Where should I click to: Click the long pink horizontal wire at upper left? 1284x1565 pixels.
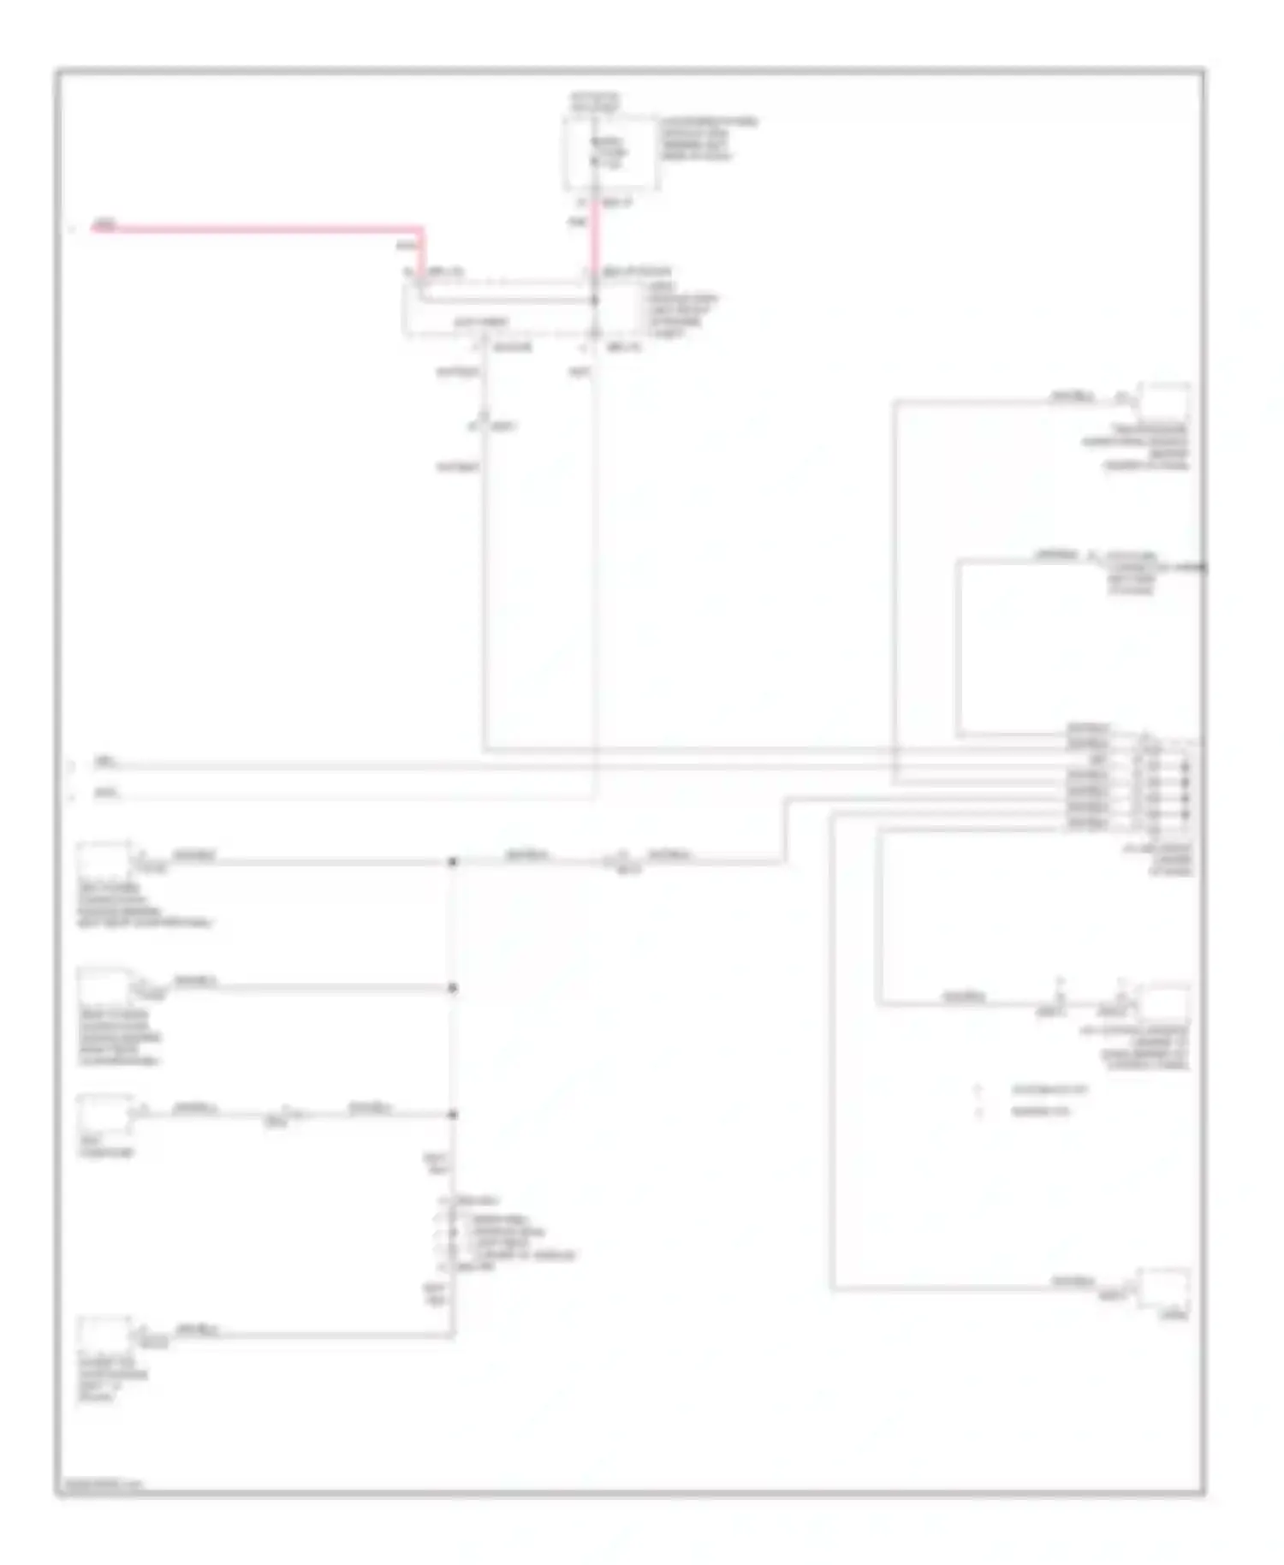click(x=257, y=229)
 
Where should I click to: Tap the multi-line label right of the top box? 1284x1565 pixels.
click(x=707, y=140)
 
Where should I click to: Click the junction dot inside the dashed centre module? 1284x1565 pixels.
click(x=595, y=301)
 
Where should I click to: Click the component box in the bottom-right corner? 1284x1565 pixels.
click(x=1163, y=1288)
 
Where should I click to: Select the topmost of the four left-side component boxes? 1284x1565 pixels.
click(x=103, y=860)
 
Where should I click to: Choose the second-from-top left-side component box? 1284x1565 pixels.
click(x=103, y=985)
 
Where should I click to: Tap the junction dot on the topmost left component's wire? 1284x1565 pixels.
click(x=453, y=861)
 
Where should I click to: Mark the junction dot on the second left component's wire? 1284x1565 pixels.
click(x=453, y=988)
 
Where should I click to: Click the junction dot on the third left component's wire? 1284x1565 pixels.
click(x=453, y=1115)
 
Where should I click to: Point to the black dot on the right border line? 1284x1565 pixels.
click(x=1203, y=567)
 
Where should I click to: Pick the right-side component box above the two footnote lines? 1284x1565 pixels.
click(x=1163, y=1002)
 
